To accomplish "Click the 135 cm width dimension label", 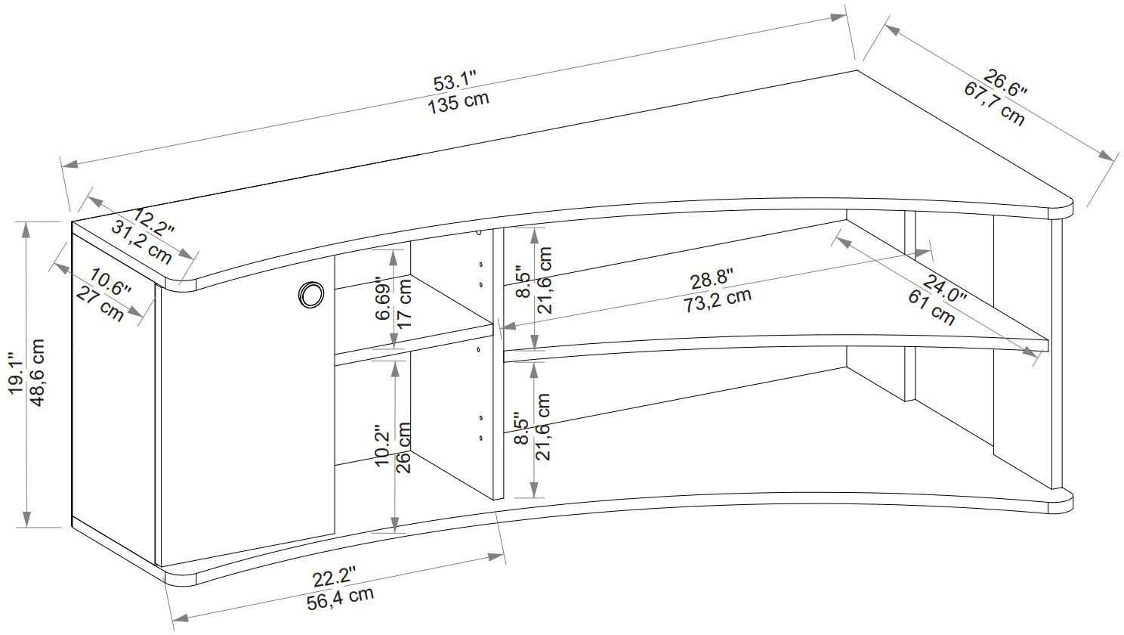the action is [x=459, y=103].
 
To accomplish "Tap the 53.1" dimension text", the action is [x=455, y=81].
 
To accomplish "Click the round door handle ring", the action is [x=310, y=294].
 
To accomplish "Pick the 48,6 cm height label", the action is [x=37, y=372].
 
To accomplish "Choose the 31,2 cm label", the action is [x=141, y=243].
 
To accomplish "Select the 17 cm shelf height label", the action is [x=404, y=303].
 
